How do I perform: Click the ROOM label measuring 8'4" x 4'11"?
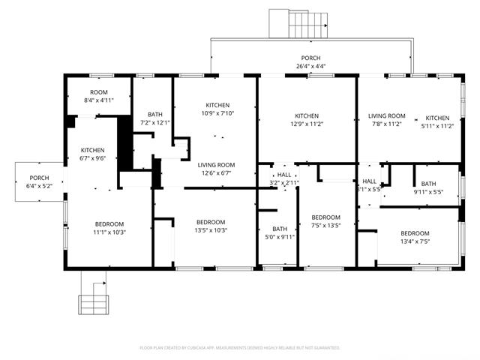coord(98,96)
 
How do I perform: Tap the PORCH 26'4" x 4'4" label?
coord(310,62)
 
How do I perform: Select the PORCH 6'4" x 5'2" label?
coord(39,181)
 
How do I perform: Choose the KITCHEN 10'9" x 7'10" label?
coord(217,109)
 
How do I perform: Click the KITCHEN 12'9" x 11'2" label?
coord(306,120)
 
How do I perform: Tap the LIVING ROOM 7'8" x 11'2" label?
coord(386,120)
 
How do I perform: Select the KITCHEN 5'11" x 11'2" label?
coord(437,122)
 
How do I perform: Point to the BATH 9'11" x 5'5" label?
coord(428,187)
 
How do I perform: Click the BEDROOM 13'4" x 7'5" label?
coord(415,237)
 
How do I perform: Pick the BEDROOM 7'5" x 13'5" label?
coord(325,221)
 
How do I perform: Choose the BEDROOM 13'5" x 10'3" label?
coord(211,226)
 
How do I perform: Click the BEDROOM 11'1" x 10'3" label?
coord(109,228)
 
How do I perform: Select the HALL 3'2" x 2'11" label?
coord(283,178)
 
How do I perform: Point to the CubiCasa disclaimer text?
coord(240,348)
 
